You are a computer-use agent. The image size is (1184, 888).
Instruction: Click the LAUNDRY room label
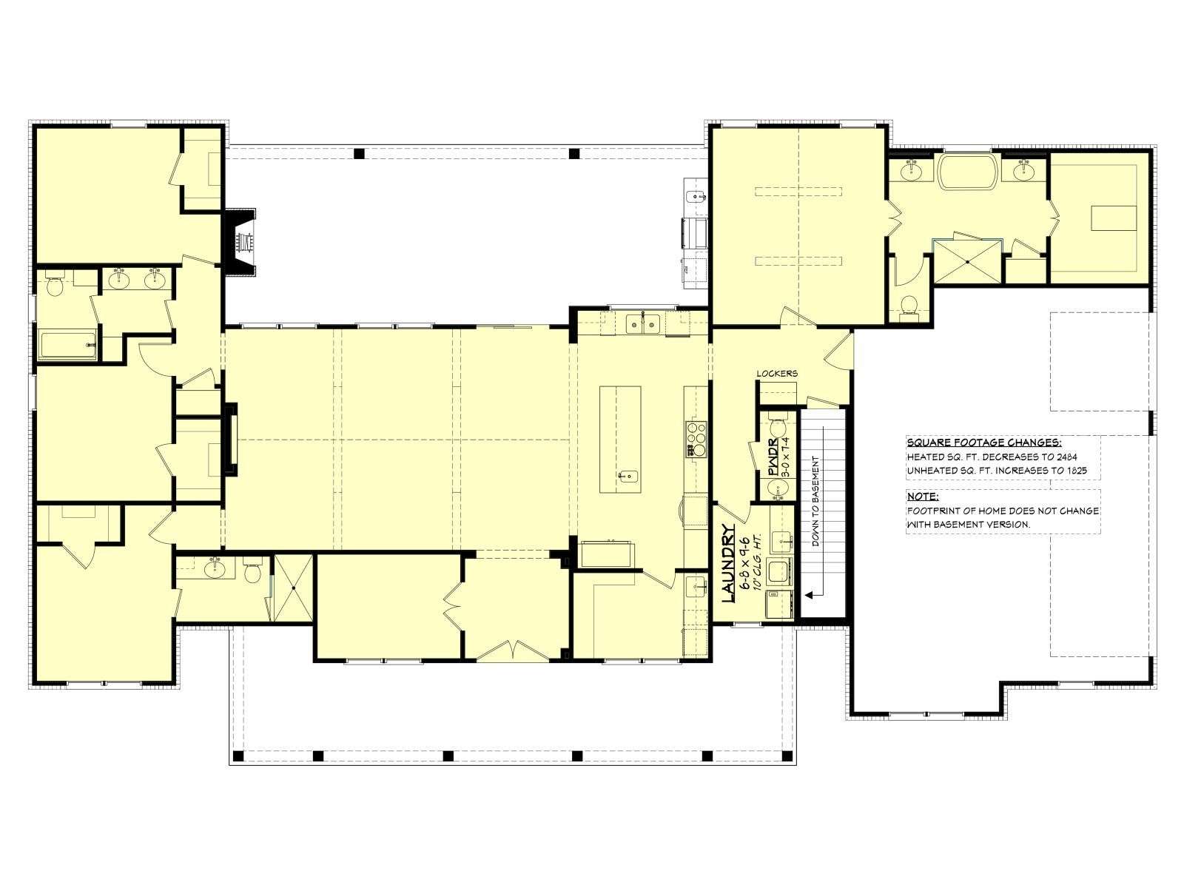tap(728, 562)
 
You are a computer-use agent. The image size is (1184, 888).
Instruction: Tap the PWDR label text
tap(773, 458)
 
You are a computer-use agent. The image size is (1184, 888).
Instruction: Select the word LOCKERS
tap(777, 373)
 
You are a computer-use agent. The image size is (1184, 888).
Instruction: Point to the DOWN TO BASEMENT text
tap(815, 501)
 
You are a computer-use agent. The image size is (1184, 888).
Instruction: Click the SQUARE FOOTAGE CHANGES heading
tap(984, 443)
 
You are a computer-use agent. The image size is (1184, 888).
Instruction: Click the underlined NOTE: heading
tap(922, 496)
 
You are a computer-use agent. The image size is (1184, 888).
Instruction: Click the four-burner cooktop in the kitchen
tap(696, 439)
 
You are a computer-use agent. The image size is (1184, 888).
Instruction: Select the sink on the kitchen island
tap(628, 477)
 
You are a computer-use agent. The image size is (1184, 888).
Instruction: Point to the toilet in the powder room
tap(777, 427)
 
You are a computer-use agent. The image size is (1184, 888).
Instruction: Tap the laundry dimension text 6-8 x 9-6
tap(745, 562)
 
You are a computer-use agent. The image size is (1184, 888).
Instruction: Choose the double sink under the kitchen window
tap(642, 324)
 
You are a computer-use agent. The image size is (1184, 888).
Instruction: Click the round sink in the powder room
tap(777, 489)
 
